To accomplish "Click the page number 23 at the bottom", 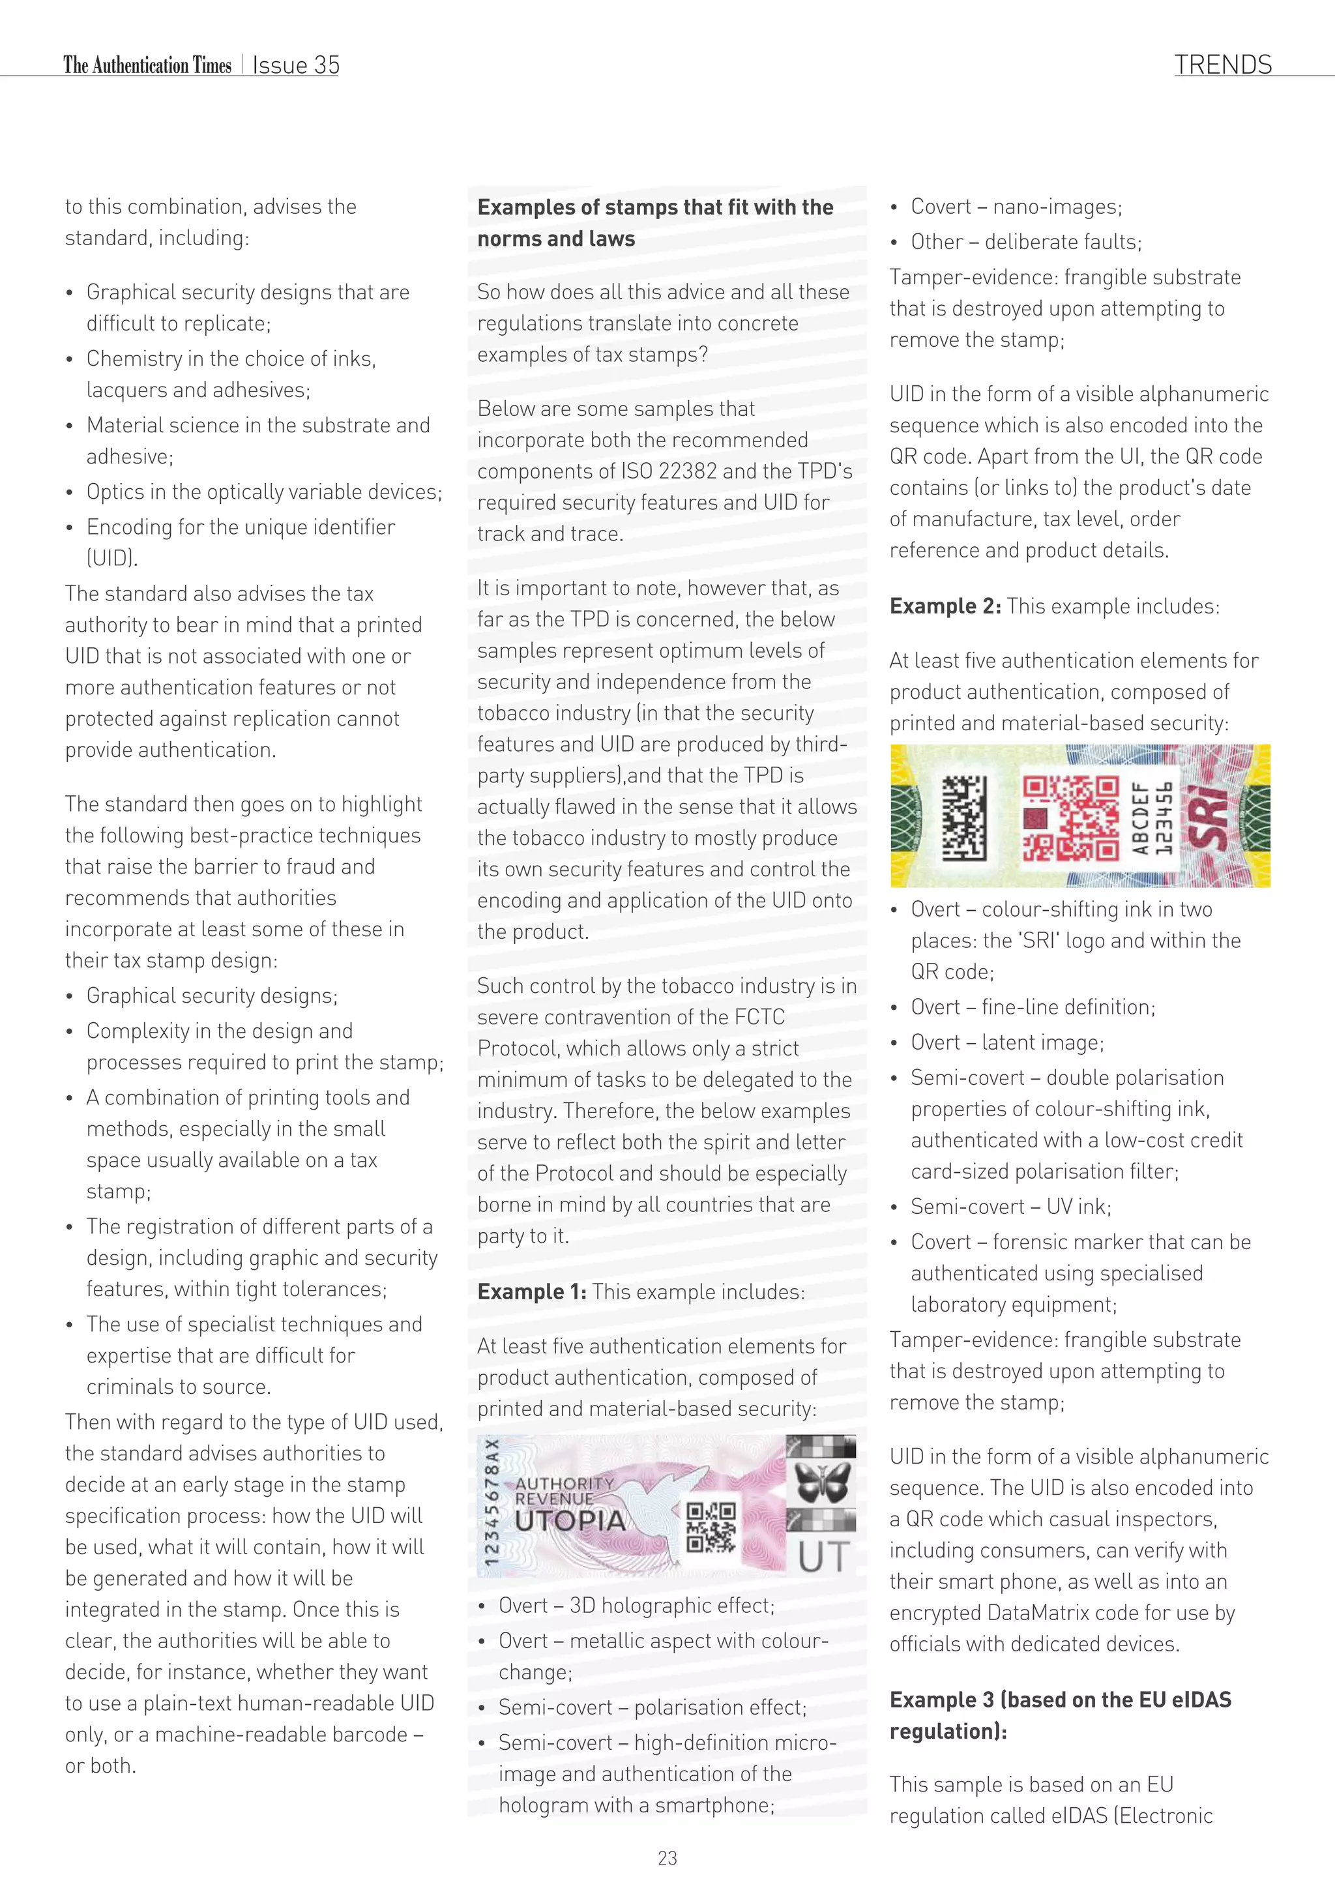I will point(667,1857).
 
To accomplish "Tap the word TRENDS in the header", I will point(1222,65).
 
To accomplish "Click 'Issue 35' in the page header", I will point(296,66).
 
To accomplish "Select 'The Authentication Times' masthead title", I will point(147,66).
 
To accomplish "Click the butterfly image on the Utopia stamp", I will point(821,1482).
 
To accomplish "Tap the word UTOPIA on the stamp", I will point(570,1520).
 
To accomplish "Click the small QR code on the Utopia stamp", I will point(711,1527).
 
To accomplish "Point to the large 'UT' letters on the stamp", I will point(823,1557).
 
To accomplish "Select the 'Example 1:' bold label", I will point(532,1292).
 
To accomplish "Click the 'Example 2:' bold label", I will point(945,607).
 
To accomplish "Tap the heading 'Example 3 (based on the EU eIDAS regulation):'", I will point(1060,1715).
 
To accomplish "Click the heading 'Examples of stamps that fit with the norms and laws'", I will point(654,223).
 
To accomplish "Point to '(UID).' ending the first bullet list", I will point(112,558).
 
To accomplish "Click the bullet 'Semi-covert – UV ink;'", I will point(1010,1207).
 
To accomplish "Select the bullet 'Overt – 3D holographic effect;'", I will point(636,1606).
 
